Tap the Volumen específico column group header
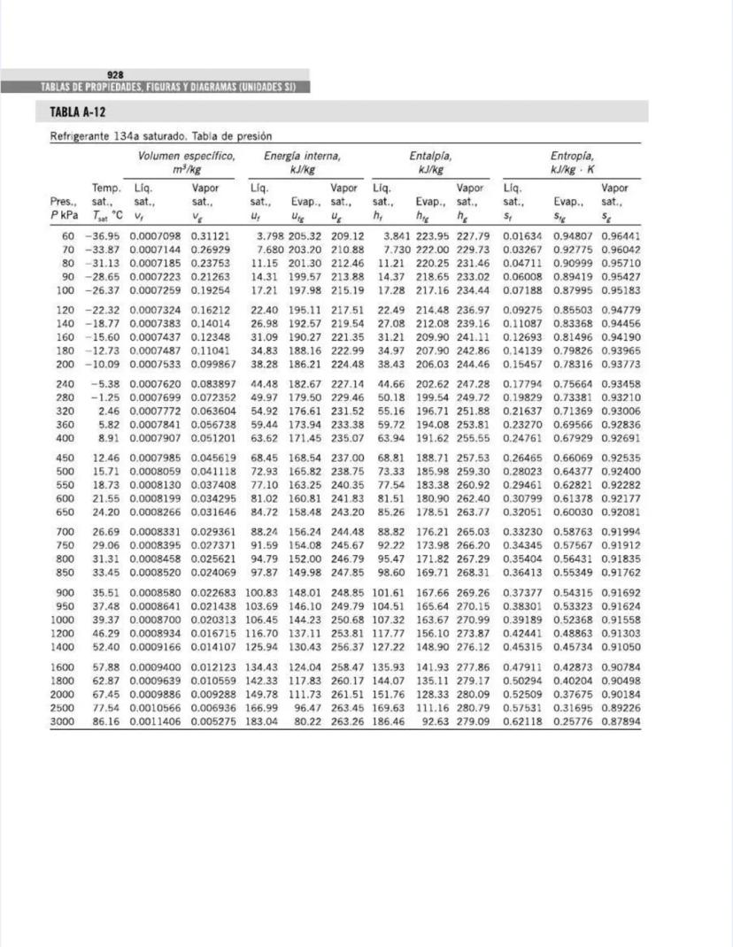click(186, 155)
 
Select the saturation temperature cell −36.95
click(103, 237)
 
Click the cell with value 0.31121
click(210, 237)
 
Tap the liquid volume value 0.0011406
click(158, 721)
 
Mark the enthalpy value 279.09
click(473, 721)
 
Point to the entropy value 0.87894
click(621, 721)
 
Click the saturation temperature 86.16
click(106, 721)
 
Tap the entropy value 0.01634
click(522, 237)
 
